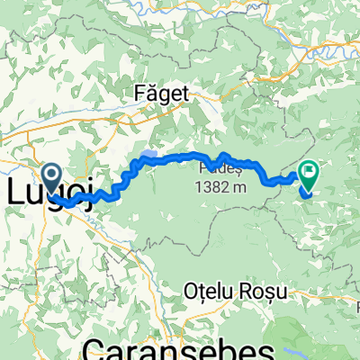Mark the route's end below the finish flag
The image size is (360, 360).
(x=307, y=192)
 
